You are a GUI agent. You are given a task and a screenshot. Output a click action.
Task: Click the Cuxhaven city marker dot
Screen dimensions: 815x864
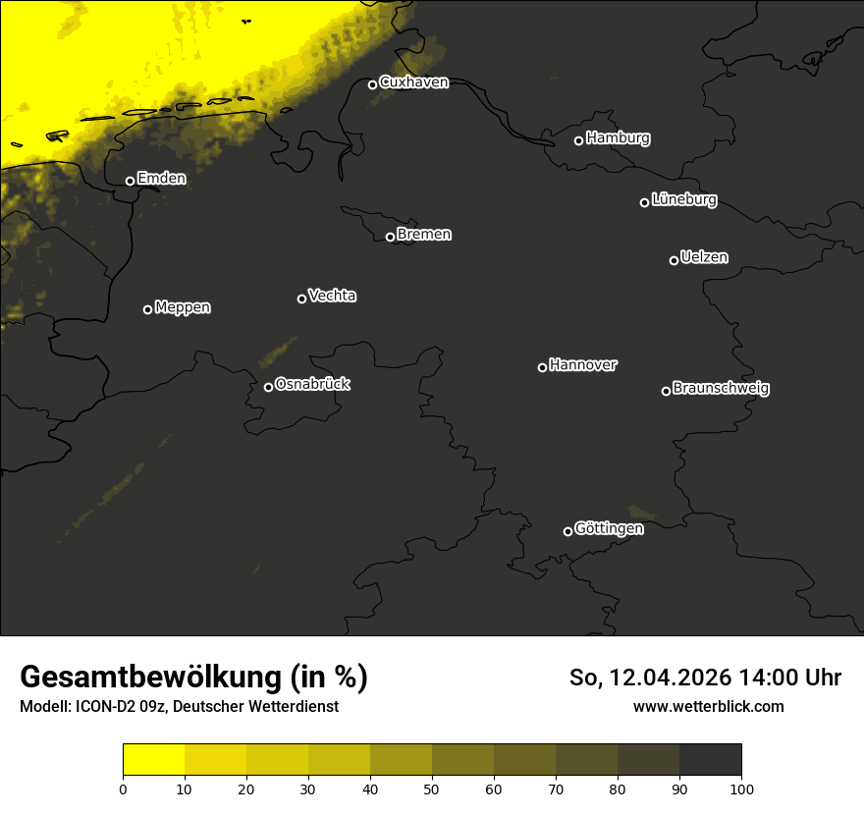(372, 84)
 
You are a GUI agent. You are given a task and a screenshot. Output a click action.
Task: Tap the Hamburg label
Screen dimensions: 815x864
(618, 138)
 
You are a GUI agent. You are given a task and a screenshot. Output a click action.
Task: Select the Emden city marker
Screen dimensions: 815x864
(130, 181)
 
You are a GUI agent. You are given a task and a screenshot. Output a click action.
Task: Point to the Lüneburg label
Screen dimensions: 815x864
(683, 200)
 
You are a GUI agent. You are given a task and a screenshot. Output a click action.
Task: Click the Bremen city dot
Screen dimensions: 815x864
(390, 237)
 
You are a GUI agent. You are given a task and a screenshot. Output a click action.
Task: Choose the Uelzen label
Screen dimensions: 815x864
(704, 257)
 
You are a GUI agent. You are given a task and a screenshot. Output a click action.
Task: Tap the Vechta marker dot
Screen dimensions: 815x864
(301, 299)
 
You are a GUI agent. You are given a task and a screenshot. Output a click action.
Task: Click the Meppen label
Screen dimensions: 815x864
(183, 307)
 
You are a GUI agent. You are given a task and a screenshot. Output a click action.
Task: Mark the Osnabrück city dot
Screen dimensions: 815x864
(268, 387)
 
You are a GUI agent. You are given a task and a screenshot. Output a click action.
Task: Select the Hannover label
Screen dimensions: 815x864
(583, 365)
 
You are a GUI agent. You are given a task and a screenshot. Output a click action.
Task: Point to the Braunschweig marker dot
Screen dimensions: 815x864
(666, 391)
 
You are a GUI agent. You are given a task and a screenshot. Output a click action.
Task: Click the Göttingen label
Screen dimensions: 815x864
(609, 529)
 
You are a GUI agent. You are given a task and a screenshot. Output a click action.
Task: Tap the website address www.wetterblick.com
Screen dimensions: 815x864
(709, 706)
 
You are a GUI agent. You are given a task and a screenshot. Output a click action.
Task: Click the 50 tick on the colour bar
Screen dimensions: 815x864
(432, 788)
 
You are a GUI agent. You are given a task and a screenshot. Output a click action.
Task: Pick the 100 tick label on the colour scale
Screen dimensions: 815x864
(741, 788)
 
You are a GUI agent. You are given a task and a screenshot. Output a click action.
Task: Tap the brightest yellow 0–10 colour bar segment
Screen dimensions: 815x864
(153, 759)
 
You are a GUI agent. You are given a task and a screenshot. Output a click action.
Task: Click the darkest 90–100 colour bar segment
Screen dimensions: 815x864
(710, 759)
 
